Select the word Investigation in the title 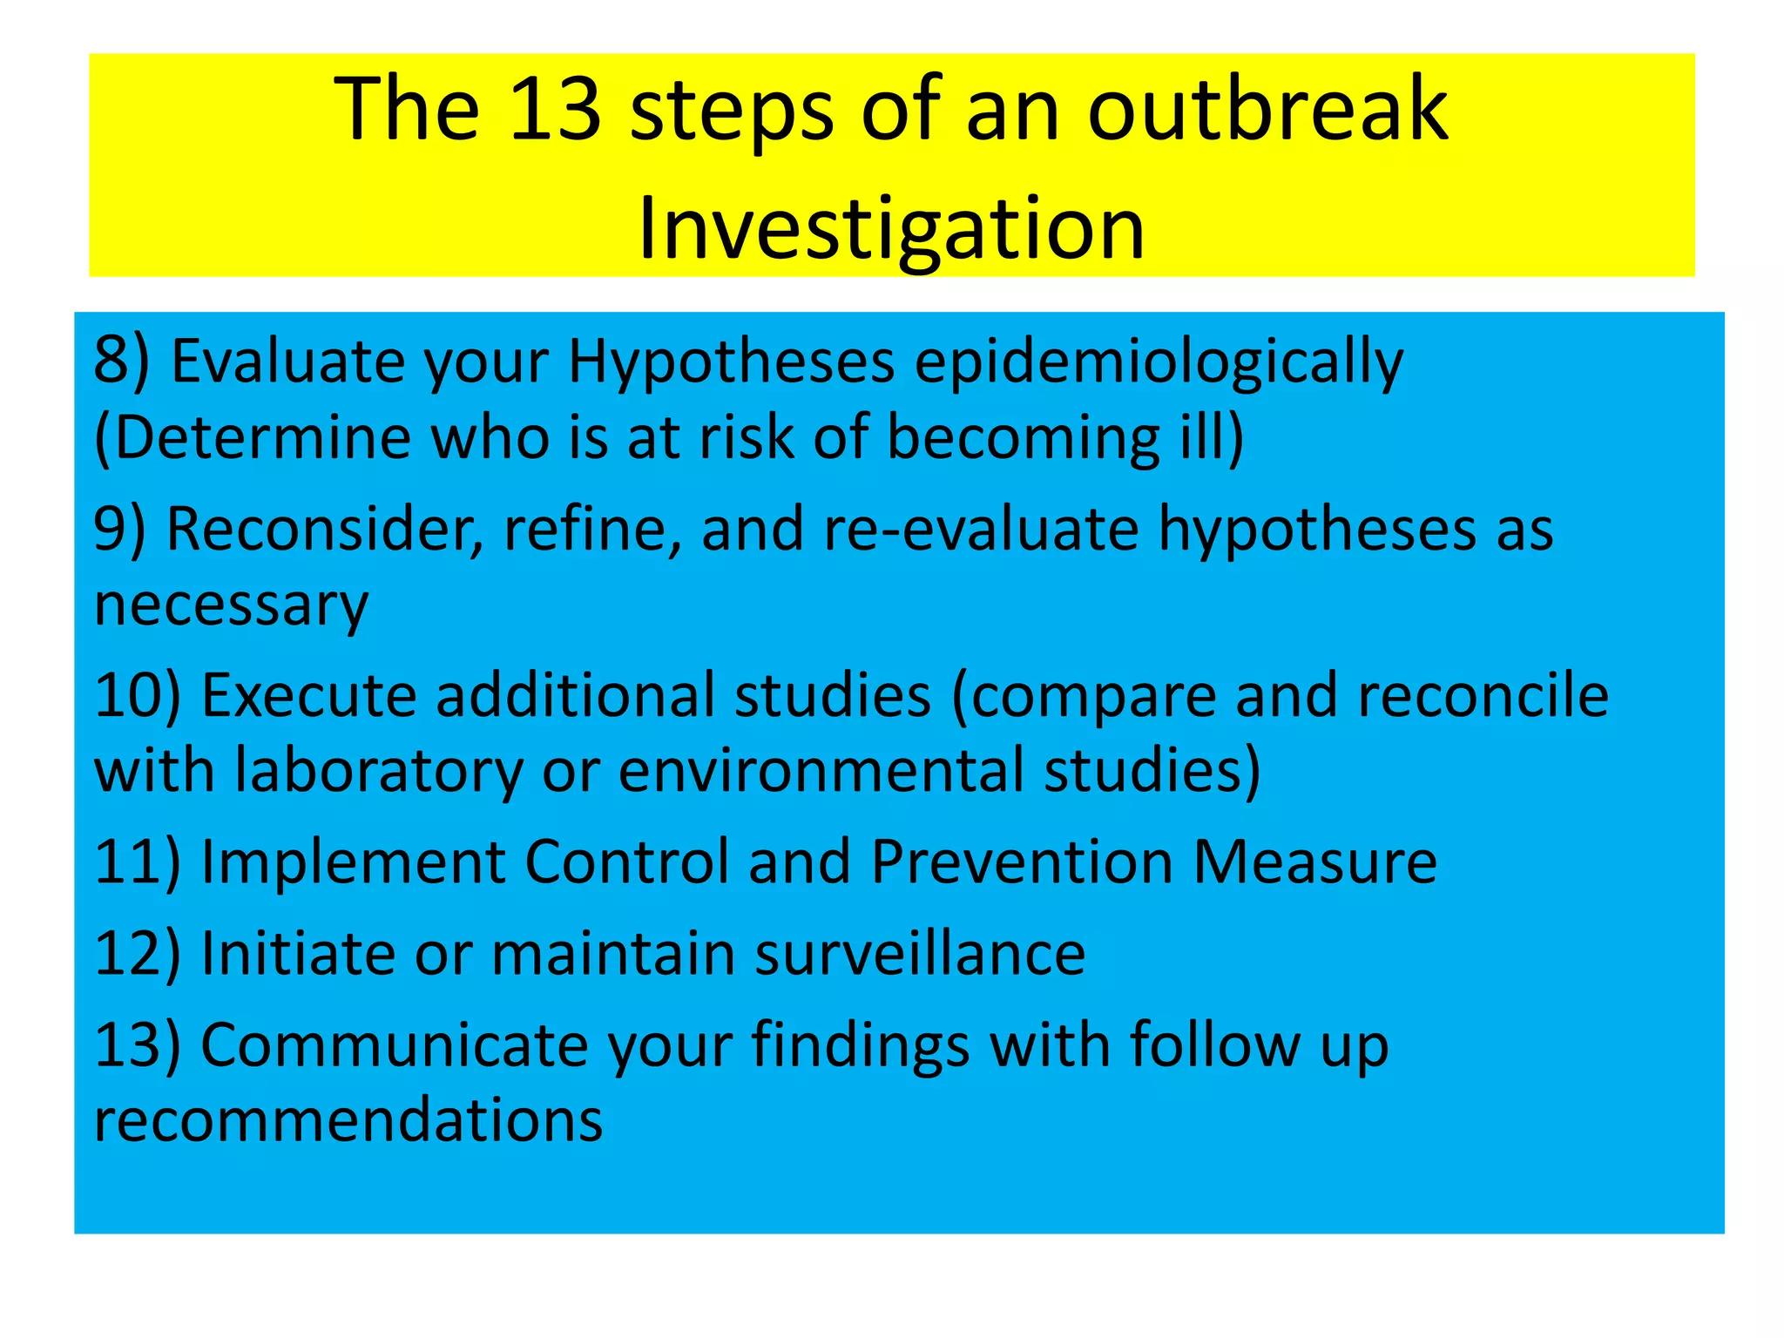pyautogui.click(x=891, y=228)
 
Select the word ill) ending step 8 pyautogui.click(x=1212, y=436)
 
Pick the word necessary pyautogui.click(x=231, y=605)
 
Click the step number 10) pyautogui.click(x=138, y=695)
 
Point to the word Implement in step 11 pyautogui.click(x=354, y=862)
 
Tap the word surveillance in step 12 pyautogui.click(x=920, y=953)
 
